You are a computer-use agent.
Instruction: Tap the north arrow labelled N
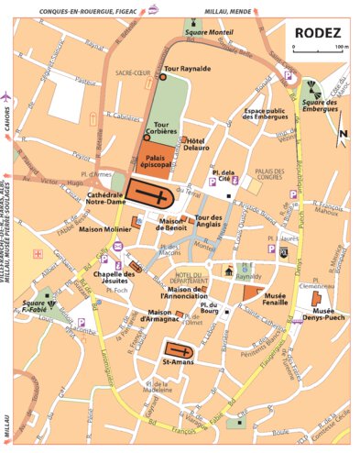(343, 136)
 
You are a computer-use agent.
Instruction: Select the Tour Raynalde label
(188, 68)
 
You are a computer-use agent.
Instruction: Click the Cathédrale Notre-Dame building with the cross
(150, 193)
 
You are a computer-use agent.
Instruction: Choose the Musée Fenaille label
(275, 301)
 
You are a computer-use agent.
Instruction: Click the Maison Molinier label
(104, 228)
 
